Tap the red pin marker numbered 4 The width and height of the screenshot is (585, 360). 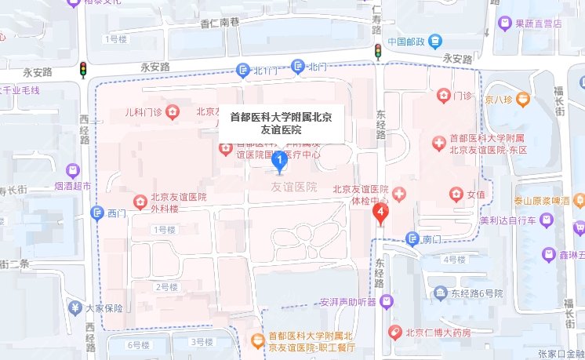[x=381, y=213]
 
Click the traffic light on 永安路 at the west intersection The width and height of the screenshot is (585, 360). [x=82, y=70]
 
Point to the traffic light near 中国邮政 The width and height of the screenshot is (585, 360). [x=377, y=52]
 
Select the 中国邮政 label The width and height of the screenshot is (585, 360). [x=405, y=42]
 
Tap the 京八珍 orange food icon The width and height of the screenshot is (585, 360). [x=522, y=100]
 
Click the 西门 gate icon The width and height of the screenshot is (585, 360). [x=98, y=213]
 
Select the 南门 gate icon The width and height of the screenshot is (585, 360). [x=412, y=239]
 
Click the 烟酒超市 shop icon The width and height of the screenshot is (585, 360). [x=73, y=170]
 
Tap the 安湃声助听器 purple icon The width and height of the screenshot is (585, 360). [x=385, y=301]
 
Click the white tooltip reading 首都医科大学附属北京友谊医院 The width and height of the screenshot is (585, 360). [x=281, y=124]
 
